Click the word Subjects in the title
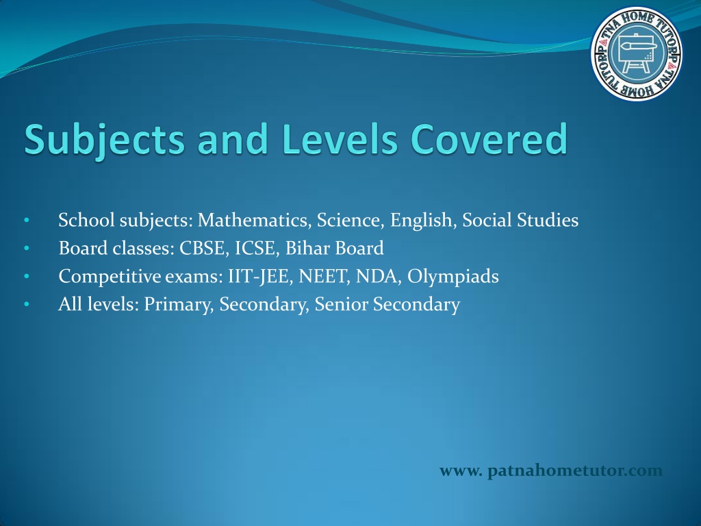[104, 140]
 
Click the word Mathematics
[255, 221]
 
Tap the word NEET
[324, 277]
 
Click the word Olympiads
[453, 277]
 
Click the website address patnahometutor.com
[551, 471]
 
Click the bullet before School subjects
[27, 220]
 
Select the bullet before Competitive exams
[27, 277]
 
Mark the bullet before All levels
[27, 305]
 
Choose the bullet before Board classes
[27, 248]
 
